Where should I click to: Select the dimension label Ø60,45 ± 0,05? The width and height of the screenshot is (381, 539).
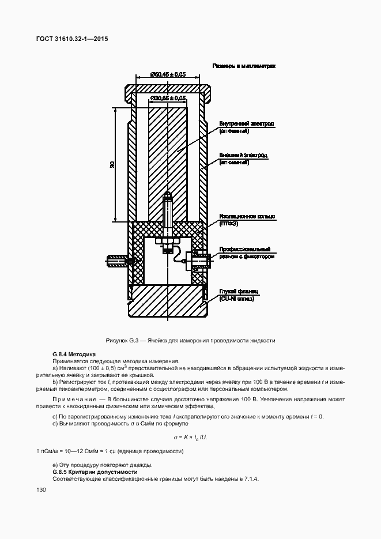(168, 74)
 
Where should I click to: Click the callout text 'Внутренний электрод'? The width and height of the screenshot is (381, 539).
(246, 124)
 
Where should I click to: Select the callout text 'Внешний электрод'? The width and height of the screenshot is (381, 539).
(243, 156)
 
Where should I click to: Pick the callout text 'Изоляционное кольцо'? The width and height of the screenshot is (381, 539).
(247, 217)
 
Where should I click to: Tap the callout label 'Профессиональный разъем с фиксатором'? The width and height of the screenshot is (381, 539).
(247, 253)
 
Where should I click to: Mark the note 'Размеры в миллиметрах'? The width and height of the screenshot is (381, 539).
(244, 66)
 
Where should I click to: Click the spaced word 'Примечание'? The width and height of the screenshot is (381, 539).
(73, 399)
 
